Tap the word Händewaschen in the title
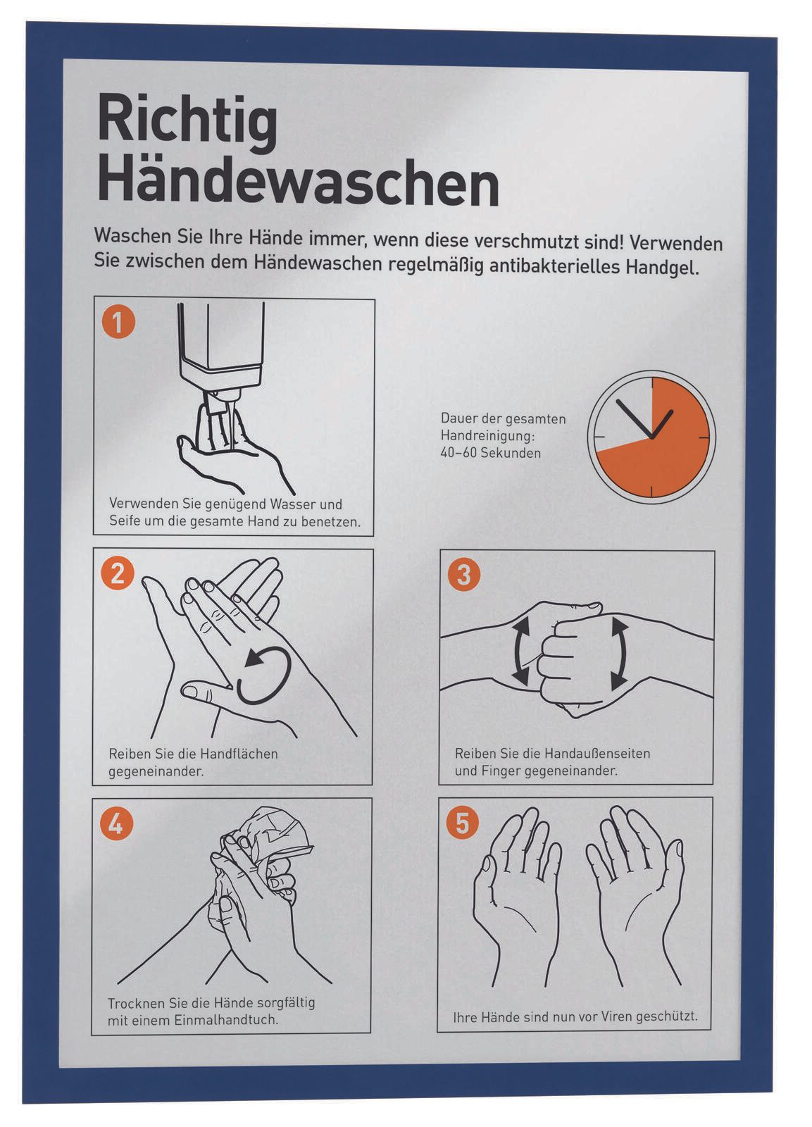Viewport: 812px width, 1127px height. click(298, 182)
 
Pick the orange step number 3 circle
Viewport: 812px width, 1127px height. click(464, 574)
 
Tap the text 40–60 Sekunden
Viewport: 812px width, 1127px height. click(491, 453)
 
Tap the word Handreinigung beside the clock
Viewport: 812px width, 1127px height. click(487, 436)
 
